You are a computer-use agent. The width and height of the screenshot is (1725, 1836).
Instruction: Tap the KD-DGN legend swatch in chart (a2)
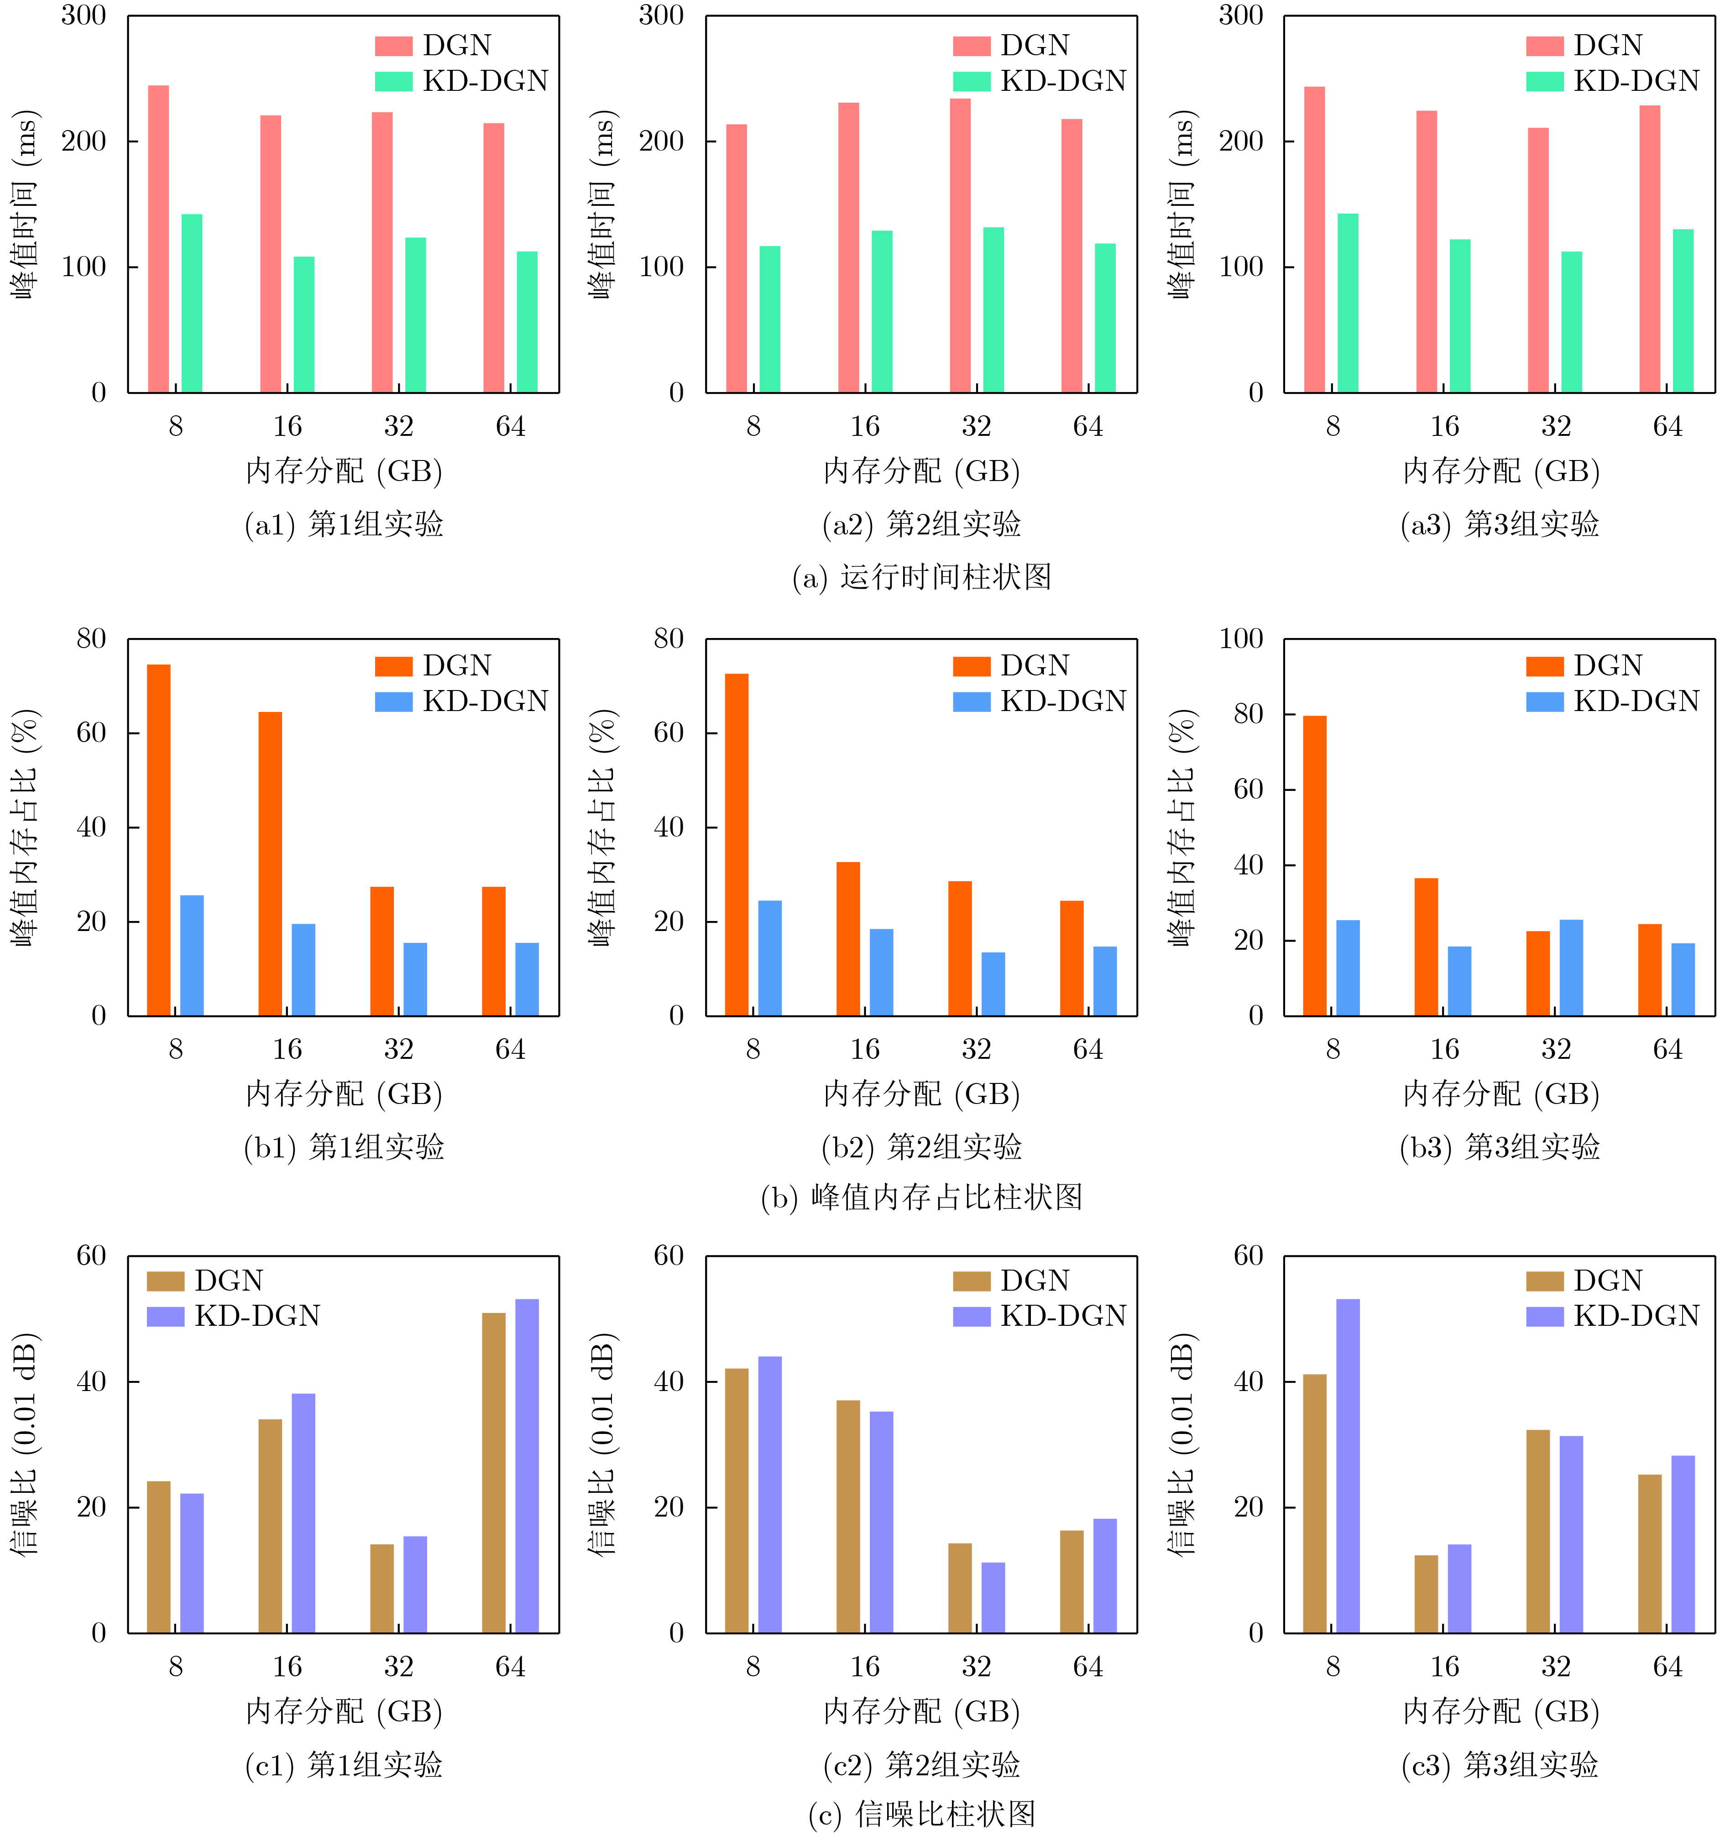(x=972, y=81)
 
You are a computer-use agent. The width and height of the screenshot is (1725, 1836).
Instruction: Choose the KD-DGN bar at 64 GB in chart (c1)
(x=527, y=1466)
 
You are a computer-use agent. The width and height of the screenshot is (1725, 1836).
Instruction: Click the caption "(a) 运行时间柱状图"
(x=922, y=577)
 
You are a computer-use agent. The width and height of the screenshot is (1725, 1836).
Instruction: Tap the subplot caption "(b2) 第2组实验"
(x=922, y=1147)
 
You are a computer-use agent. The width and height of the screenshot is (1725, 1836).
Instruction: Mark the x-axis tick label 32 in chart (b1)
(x=399, y=1049)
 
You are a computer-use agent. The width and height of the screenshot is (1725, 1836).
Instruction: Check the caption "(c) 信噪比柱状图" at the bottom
(x=922, y=1814)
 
